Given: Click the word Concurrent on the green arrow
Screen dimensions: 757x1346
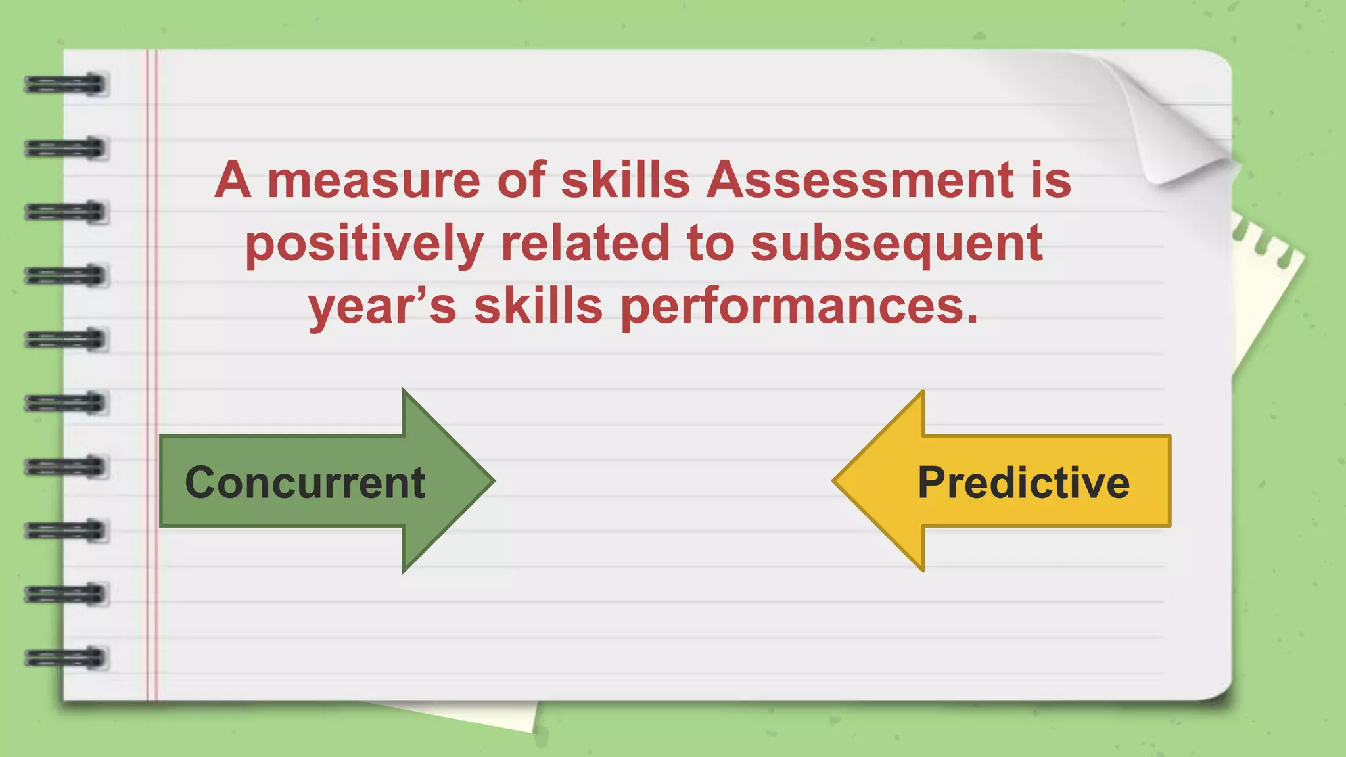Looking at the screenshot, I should [x=305, y=483].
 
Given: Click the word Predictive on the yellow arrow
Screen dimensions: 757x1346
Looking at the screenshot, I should [x=1023, y=483].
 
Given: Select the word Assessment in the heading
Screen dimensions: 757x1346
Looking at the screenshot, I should [x=859, y=180].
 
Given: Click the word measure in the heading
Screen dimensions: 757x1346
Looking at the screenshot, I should [x=374, y=180].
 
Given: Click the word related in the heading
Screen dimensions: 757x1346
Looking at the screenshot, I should [x=585, y=243].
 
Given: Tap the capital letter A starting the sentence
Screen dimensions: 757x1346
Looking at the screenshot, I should [x=233, y=180].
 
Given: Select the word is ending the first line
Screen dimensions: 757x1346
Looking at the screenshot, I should [x=1051, y=180].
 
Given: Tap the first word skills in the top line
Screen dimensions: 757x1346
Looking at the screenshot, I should [x=625, y=180].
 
